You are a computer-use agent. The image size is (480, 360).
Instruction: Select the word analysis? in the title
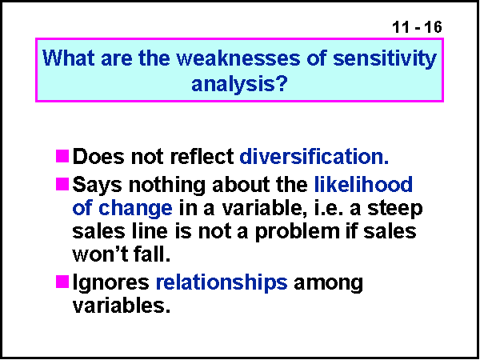coord(239,83)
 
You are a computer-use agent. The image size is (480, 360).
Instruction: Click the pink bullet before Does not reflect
coord(63,154)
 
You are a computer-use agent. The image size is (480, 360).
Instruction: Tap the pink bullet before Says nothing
coord(63,184)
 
